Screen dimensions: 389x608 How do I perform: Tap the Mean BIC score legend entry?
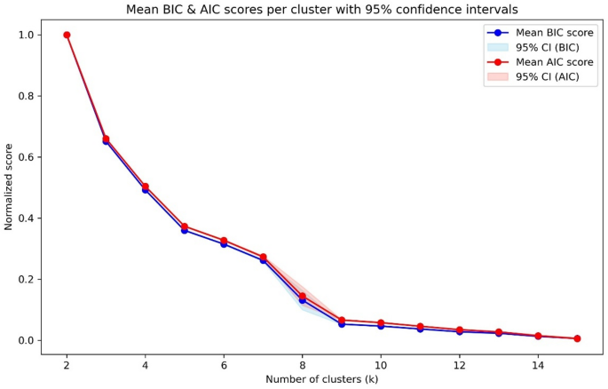(x=541, y=32)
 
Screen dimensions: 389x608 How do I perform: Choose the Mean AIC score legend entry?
(x=541, y=62)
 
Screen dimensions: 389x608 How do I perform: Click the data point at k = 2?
(x=67, y=35)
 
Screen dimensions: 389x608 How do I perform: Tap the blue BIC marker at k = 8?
(x=303, y=301)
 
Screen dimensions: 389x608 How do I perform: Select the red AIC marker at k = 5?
(x=185, y=226)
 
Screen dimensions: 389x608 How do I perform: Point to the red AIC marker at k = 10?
(x=381, y=322)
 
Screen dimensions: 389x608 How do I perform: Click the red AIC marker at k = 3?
(x=106, y=139)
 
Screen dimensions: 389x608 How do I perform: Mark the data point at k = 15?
(x=577, y=338)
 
